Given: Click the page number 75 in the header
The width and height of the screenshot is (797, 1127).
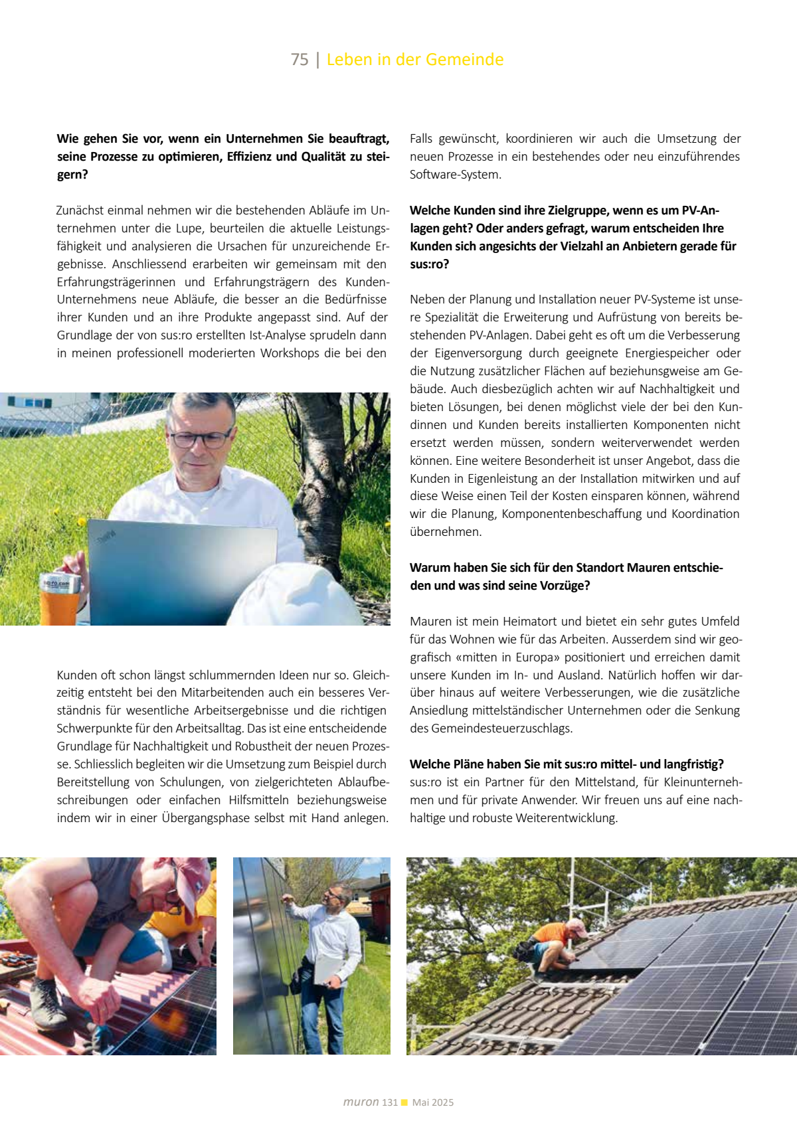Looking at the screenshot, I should [300, 60].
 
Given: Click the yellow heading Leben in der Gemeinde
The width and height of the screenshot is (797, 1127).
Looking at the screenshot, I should [415, 60].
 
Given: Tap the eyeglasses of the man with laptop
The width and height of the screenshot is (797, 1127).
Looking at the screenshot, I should [199, 438].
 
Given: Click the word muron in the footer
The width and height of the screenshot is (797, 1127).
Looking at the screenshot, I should [361, 1102].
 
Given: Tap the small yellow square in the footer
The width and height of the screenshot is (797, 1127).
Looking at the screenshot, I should [404, 1102].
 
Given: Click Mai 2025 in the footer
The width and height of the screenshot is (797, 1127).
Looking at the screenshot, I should [433, 1102].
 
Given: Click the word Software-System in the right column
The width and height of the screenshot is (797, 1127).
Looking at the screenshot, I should [456, 175].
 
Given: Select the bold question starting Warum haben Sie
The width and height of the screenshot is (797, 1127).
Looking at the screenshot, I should [566, 576].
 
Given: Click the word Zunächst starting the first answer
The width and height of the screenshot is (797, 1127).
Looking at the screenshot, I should [80, 211].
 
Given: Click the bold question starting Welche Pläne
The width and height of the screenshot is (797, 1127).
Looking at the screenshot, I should [567, 764].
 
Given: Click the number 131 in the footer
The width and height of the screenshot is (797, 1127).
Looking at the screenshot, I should [389, 1102].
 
